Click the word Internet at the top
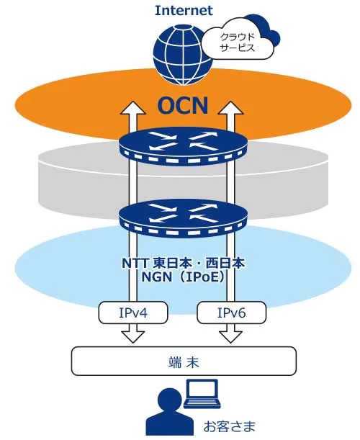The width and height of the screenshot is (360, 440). click(x=183, y=11)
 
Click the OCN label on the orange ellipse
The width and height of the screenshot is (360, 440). click(x=183, y=107)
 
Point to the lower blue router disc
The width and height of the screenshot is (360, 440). click(x=183, y=215)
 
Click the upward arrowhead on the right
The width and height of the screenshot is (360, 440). click(x=233, y=109)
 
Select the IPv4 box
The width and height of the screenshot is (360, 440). click(x=132, y=313)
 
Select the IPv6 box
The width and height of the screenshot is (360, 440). click(x=232, y=313)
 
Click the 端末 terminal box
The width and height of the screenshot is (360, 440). click(x=183, y=359)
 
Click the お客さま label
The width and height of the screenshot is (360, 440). click(x=228, y=425)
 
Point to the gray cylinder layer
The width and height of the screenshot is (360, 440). click(x=72, y=173)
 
